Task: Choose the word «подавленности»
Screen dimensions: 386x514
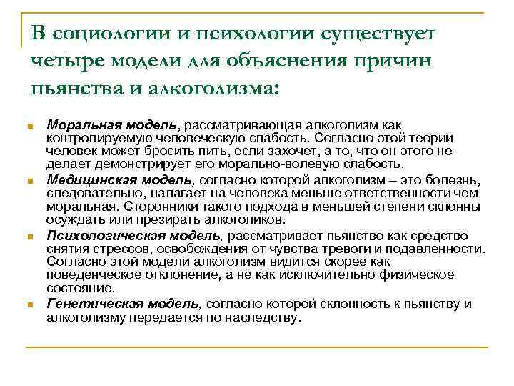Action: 441,249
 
